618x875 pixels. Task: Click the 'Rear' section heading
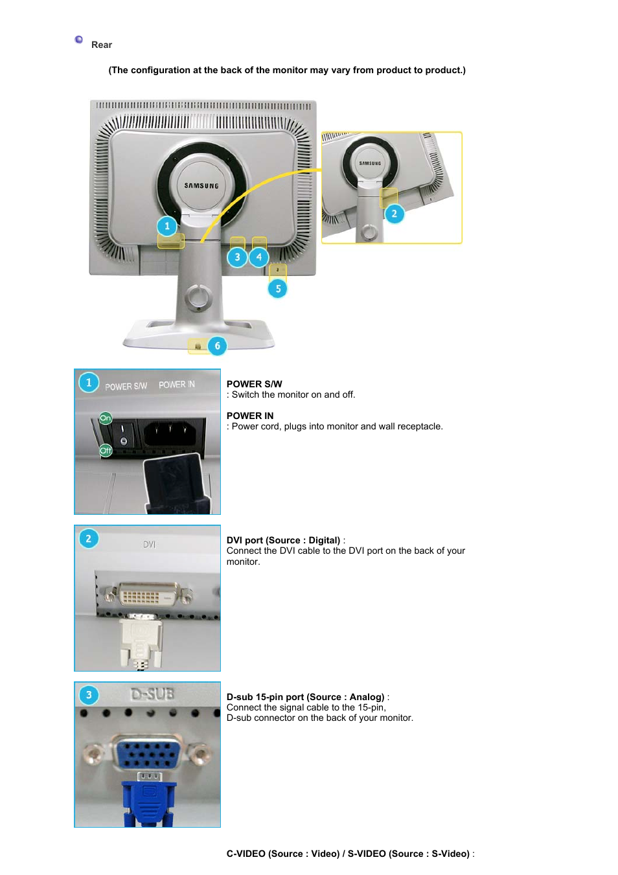coord(101,45)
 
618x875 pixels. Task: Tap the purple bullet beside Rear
coord(79,40)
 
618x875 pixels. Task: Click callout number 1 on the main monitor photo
coord(167,226)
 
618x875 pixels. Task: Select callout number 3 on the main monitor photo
coord(237,257)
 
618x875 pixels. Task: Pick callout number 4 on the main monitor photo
coord(259,257)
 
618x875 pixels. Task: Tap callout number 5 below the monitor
coord(278,289)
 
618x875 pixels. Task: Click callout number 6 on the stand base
coord(217,346)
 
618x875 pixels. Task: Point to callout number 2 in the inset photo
coord(394,214)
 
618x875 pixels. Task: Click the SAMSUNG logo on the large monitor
coord(201,186)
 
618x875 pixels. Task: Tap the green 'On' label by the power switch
coord(106,418)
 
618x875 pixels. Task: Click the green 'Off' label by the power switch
coord(106,450)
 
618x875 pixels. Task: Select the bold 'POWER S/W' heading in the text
coord(254,384)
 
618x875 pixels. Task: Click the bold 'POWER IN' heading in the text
coord(250,416)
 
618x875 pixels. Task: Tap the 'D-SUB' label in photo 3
coord(152,694)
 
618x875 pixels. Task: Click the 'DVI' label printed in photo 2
coord(149,545)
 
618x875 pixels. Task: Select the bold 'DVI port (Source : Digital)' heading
coord(283,540)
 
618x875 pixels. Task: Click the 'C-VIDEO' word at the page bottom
coord(246,854)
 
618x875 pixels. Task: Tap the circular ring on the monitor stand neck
coord(198,298)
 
